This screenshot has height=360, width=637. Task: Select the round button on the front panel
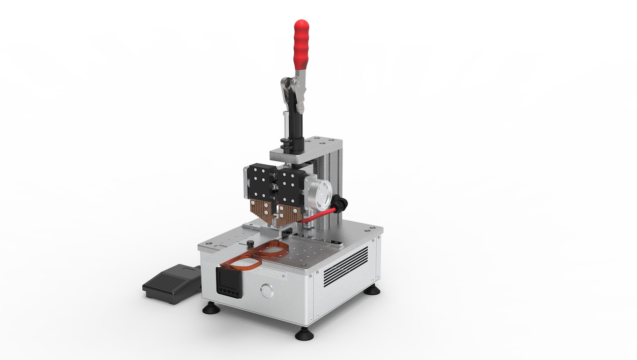pyautogui.click(x=267, y=290)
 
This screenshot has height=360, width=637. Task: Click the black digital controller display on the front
pyautogui.click(x=229, y=282)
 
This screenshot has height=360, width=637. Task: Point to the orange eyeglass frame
pyautogui.click(x=259, y=253)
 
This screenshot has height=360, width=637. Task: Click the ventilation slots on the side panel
pyautogui.click(x=346, y=267)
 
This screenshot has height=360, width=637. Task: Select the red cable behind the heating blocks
pyautogui.click(x=318, y=216)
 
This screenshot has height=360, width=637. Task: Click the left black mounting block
pyautogui.click(x=259, y=181)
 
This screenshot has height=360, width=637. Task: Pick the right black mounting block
pyautogui.click(x=291, y=184)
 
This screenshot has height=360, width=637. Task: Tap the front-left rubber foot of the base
pyautogui.click(x=211, y=309)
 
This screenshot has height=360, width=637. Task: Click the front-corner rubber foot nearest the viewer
pyautogui.click(x=304, y=334)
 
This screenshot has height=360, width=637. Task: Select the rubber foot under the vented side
pyautogui.click(x=371, y=289)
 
